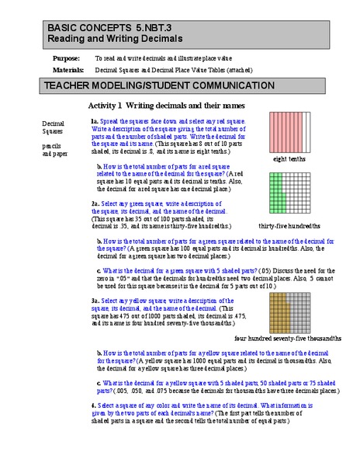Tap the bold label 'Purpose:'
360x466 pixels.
[67, 58]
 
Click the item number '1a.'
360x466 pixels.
[94, 123]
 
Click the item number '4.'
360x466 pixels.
[92, 405]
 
